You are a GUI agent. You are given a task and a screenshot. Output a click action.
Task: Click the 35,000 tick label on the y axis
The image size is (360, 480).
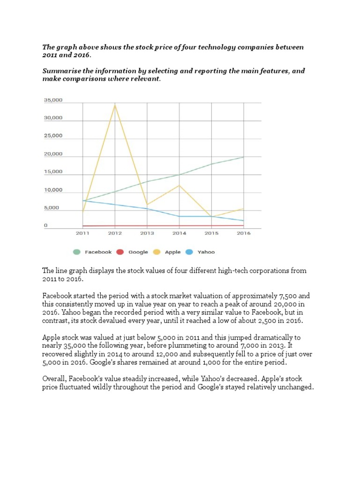click(52, 100)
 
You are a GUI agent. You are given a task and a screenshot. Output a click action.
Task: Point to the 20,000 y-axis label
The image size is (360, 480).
click(52, 154)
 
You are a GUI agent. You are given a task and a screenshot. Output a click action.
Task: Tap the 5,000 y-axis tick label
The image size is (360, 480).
click(52, 208)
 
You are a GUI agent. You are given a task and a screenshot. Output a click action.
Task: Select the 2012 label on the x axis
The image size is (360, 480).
click(115, 233)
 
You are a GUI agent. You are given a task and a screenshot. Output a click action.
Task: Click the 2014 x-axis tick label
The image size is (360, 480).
click(179, 233)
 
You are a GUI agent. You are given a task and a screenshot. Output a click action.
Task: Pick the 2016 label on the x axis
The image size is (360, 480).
click(244, 233)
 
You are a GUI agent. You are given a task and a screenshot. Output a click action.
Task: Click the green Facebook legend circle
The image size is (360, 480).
click(77, 252)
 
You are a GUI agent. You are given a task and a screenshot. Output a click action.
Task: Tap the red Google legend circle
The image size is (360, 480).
click(120, 252)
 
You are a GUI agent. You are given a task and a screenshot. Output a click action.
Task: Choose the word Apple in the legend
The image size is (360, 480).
click(172, 252)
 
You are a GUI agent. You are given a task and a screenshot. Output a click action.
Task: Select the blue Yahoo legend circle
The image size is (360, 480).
click(189, 252)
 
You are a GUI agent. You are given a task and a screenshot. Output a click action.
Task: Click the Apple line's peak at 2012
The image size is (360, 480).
click(115, 105)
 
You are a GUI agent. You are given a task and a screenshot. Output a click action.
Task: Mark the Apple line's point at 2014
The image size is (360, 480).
click(179, 185)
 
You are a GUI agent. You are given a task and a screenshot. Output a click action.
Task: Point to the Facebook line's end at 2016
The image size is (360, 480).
click(244, 157)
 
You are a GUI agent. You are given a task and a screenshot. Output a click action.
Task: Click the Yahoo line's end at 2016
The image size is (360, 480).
click(244, 221)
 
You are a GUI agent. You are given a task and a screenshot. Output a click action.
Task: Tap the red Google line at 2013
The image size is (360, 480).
click(147, 226)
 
